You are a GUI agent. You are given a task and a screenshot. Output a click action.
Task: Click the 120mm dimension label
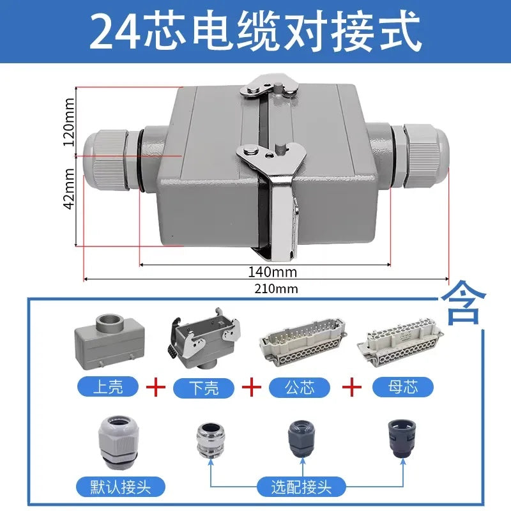click(69, 122)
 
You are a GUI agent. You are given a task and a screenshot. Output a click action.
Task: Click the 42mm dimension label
click(69, 189)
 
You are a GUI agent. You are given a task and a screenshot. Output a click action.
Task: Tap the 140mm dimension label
click(273, 272)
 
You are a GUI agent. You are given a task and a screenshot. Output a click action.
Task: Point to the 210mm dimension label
click(276, 289)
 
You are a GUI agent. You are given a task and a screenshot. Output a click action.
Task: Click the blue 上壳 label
click(108, 386)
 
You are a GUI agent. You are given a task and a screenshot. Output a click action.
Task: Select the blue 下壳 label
click(204, 388)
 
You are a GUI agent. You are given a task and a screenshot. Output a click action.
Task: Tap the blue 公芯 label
click(300, 388)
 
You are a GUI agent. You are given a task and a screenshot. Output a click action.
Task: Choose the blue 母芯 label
click(403, 388)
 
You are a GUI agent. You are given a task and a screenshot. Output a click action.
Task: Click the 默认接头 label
click(121, 487)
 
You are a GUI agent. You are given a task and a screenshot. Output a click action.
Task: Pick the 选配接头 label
click(301, 487)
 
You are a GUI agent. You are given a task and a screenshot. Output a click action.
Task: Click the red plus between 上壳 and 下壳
click(155, 387)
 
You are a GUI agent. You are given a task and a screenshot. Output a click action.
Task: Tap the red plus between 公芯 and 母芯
click(352, 387)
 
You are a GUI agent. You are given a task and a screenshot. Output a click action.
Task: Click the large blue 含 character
click(464, 303)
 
